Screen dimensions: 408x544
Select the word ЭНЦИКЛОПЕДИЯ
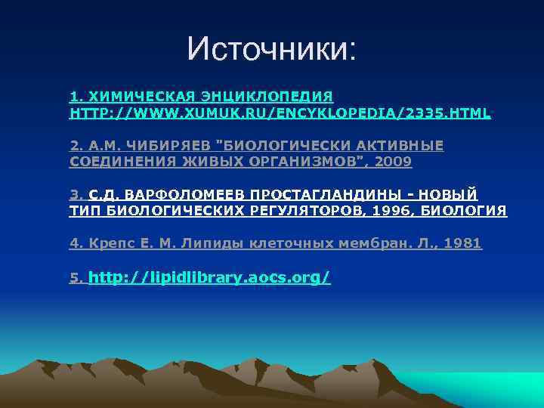point(263,97)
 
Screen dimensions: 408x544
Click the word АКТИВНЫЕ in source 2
point(400,146)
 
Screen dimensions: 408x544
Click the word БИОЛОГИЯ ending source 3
point(468,210)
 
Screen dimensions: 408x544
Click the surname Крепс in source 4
point(109,243)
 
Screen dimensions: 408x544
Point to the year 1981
point(462,243)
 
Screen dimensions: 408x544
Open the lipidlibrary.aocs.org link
point(209,277)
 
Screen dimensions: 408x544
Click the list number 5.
point(75,278)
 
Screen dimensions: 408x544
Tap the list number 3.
point(74,195)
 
